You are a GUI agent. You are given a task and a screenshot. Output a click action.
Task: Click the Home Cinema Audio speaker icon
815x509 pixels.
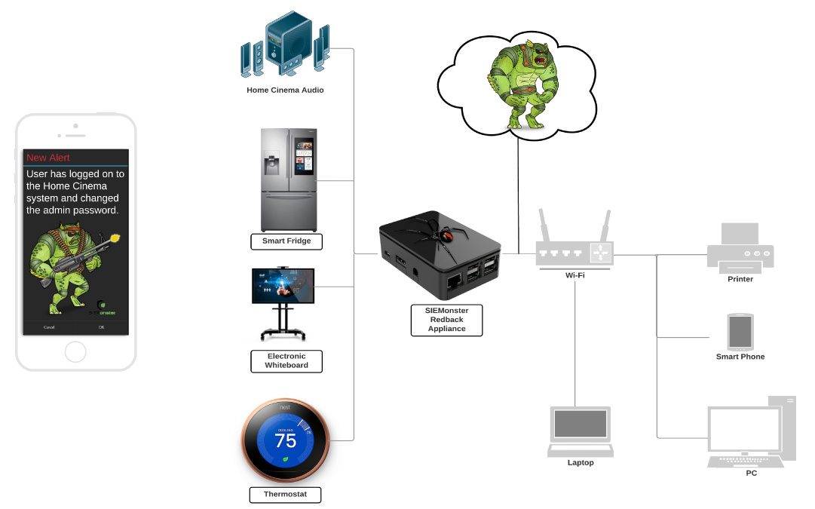click(286, 47)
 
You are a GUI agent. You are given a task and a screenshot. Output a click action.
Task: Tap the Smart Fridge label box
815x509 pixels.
click(286, 241)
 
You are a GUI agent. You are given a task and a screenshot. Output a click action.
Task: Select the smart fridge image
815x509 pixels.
click(290, 179)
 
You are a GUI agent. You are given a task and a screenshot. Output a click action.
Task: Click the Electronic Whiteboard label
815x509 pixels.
click(286, 360)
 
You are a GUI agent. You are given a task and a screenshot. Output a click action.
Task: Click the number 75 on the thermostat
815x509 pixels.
click(285, 440)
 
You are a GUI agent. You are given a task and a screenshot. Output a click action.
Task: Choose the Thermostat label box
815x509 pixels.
click(285, 495)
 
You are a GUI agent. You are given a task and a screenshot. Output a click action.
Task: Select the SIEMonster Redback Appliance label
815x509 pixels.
click(446, 320)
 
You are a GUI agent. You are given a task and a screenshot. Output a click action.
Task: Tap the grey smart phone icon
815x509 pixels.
click(740, 330)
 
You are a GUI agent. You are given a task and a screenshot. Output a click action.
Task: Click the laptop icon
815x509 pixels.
click(581, 431)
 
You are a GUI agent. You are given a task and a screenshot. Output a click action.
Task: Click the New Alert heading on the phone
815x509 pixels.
click(48, 158)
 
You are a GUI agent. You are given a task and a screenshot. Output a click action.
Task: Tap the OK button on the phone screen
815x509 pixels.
click(102, 327)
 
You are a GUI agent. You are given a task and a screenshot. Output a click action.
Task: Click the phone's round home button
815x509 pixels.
click(75, 351)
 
